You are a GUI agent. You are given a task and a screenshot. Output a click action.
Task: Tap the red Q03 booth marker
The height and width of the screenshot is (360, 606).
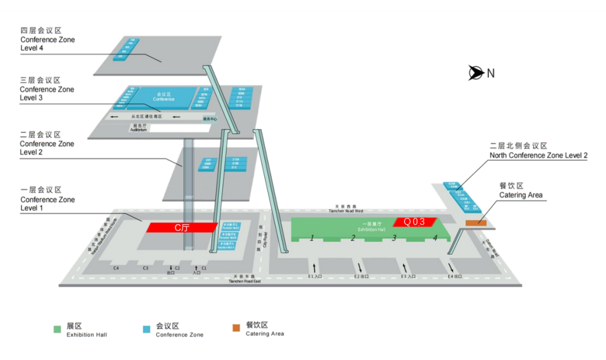coord(414,222)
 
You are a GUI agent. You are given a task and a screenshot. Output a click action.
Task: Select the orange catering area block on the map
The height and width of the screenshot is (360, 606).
coord(475,223)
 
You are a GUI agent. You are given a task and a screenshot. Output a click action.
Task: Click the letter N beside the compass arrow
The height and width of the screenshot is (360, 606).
coord(490,73)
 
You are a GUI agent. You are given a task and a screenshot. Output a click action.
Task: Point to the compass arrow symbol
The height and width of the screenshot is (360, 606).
coord(476,72)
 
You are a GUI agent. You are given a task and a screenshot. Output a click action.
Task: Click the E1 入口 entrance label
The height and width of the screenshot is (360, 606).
coord(314,276)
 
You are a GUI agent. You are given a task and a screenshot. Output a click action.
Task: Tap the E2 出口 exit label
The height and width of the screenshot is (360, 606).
coord(361,276)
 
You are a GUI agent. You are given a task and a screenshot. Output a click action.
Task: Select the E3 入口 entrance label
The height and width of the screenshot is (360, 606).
coord(408,276)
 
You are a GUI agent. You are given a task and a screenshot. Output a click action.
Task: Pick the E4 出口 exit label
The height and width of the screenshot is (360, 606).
coord(454,276)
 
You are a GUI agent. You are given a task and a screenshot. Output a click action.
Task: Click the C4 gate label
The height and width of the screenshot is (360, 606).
coord(116,268)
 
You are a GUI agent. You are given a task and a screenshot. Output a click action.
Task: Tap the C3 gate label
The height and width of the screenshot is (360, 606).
coord(145,268)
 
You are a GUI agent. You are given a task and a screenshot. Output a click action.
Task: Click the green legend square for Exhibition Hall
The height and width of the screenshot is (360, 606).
coord(57,329)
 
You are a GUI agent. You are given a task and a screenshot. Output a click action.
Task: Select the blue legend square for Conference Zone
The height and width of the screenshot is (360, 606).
coord(147,329)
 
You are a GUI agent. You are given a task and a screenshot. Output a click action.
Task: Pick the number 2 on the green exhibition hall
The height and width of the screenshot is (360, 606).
coord(353,238)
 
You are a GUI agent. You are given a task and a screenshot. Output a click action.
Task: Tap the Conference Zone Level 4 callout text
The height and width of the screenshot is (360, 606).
coord(47,44)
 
